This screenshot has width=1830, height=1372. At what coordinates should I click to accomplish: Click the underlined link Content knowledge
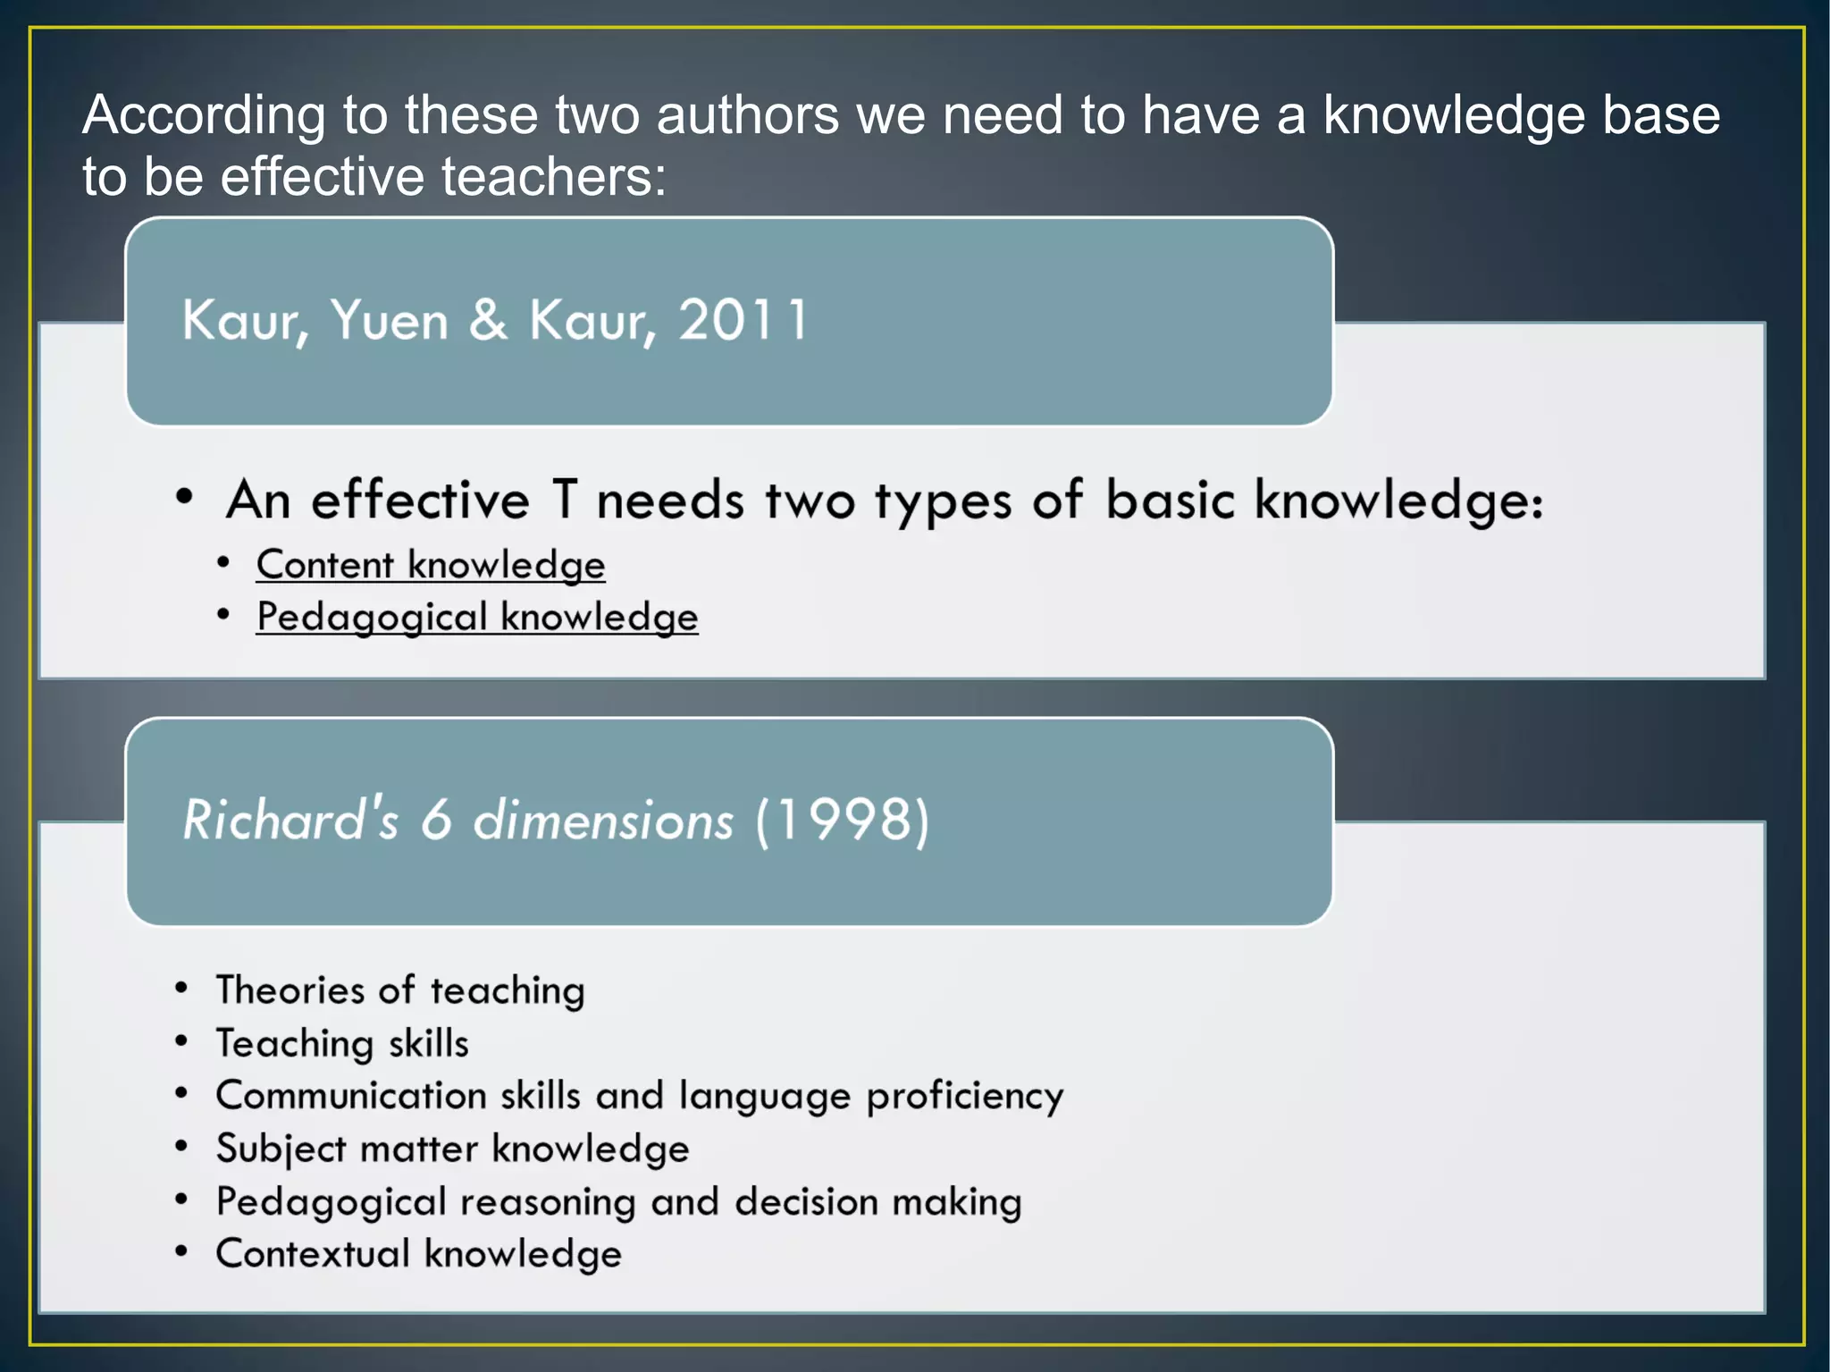(x=431, y=565)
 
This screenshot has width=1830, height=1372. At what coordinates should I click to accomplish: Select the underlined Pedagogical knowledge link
(x=477, y=617)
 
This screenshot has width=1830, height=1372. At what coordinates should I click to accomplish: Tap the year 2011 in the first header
(x=743, y=319)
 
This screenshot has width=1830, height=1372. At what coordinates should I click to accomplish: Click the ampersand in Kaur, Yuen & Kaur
(x=488, y=319)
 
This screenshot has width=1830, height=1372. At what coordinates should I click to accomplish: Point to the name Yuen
(x=389, y=319)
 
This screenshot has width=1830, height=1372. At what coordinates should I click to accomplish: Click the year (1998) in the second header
(x=843, y=820)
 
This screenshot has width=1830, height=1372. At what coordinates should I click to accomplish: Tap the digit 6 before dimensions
(x=436, y=820)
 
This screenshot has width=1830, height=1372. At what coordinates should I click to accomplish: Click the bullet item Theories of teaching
(x=400, y=990)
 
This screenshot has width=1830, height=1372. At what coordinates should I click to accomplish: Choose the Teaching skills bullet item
(x=342, y=1043)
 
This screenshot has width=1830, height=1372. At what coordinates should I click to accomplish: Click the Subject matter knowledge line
(x=452, y=1149)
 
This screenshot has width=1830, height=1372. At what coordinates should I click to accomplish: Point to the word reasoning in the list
(x=548, y=1202)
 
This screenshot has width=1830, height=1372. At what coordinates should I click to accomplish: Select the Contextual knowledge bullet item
(x=418, y=1253)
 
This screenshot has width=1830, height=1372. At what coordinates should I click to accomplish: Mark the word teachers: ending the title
(x=554, y=176)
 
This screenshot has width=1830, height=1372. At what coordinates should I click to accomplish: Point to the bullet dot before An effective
(x=184, y=497)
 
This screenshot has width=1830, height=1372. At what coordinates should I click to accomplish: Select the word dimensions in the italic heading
(x=603, y=820)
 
